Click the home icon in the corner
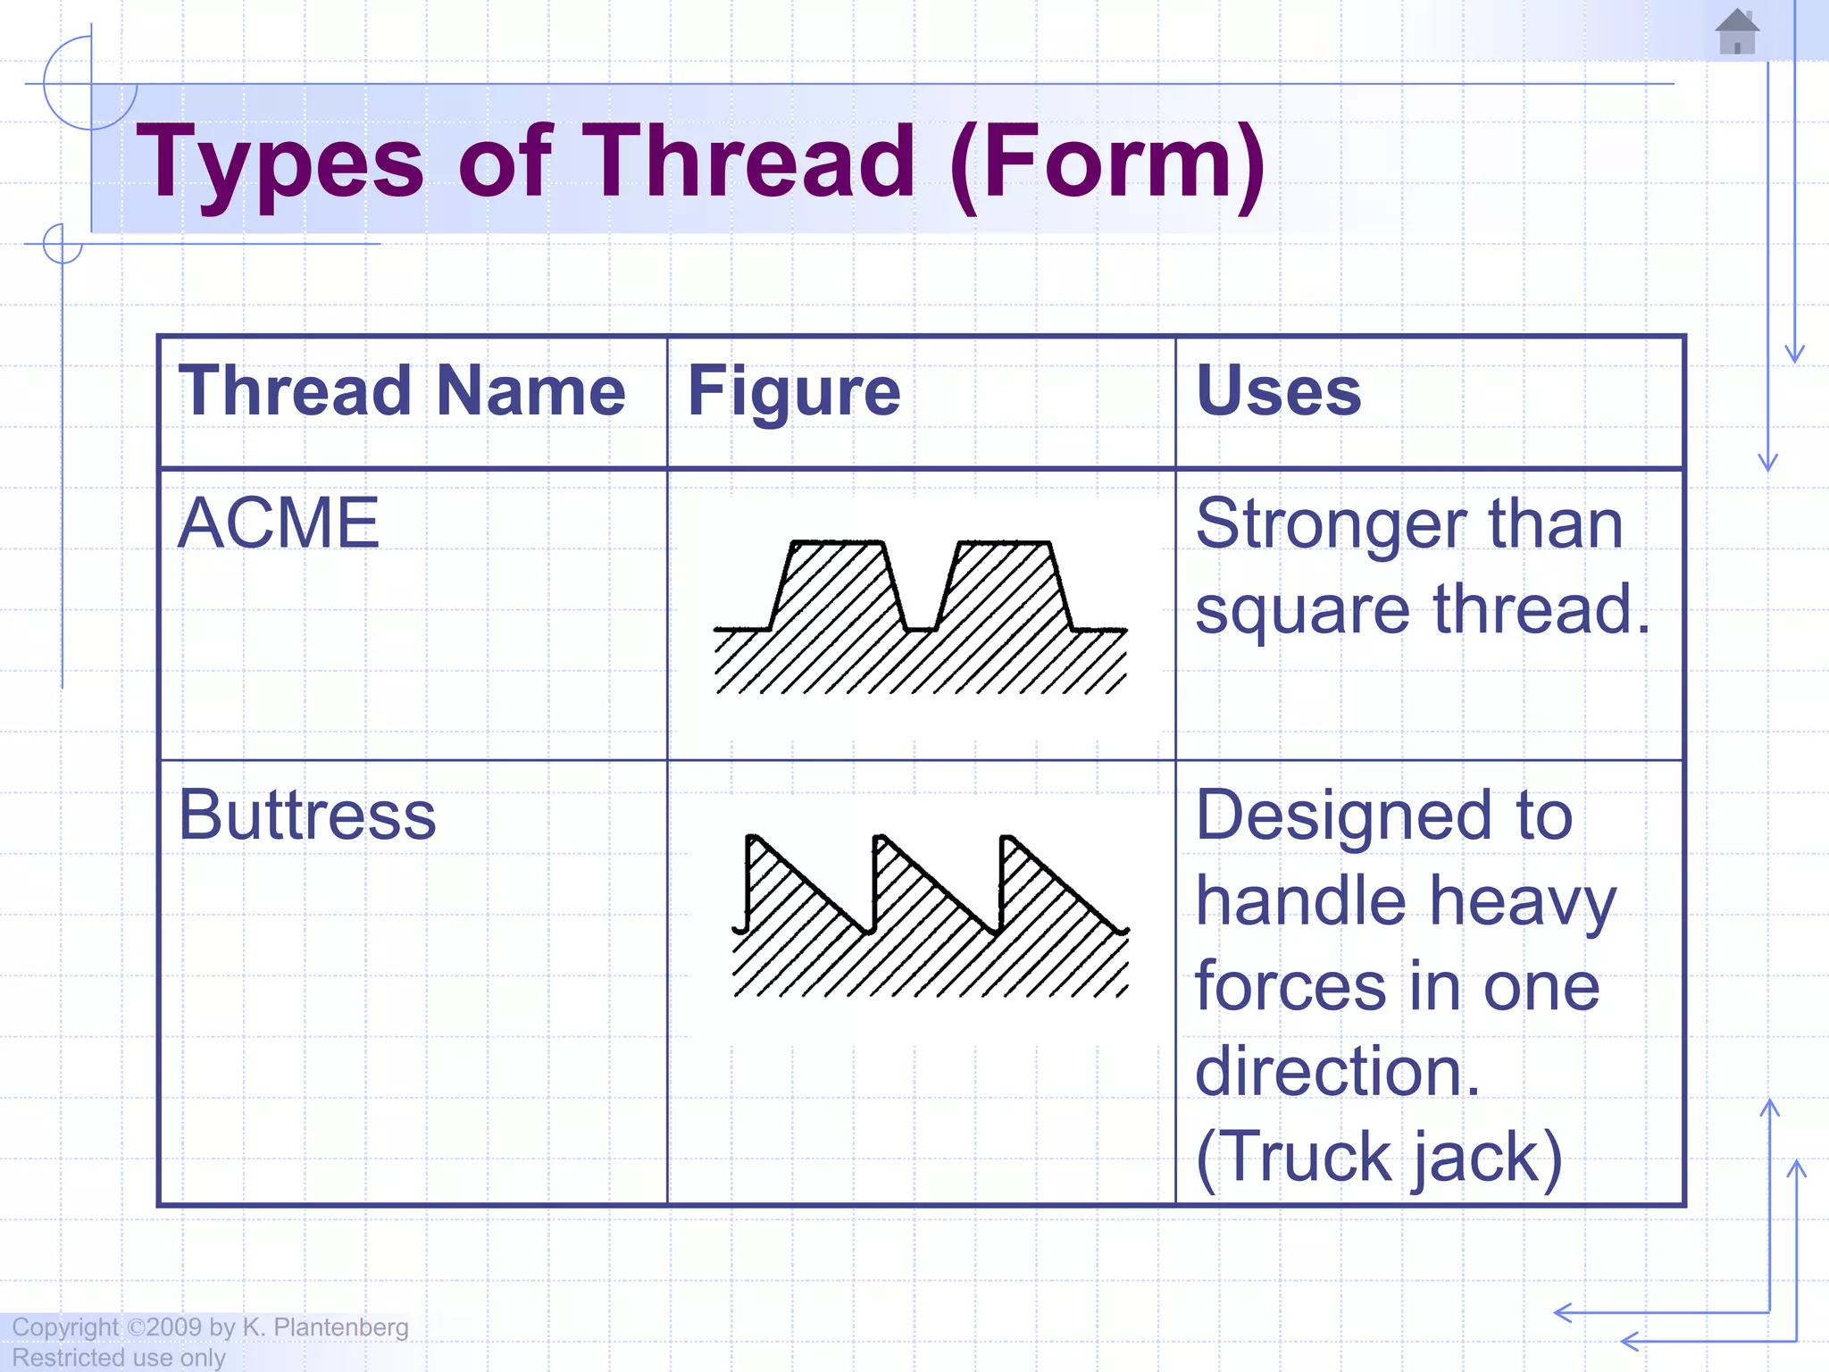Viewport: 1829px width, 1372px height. pos(1737,32)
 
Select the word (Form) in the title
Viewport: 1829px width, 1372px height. pos(1107,163)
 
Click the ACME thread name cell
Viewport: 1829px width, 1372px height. pos(279,523)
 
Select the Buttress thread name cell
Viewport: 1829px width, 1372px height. pos(307,815)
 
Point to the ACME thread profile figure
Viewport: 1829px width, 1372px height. pos(920,616)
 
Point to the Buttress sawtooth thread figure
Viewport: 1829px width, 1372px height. pos(931,916)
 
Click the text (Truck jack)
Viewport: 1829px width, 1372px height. pos(1379,1158)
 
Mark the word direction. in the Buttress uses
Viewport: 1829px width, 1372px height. pos(1337,1072)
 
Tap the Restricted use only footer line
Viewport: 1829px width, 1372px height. pos(119,1358)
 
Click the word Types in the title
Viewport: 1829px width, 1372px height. pos(280,163)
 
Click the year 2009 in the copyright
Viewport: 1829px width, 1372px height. pos(174,1327)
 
